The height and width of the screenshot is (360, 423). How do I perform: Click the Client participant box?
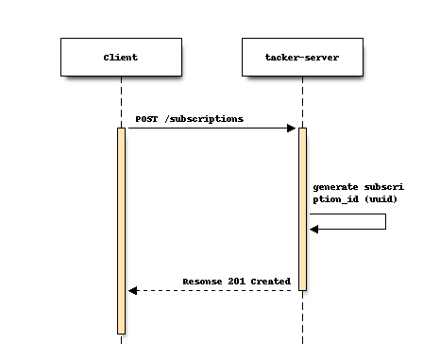(x=121, y=57)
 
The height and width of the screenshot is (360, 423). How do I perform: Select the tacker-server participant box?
(x=302, y=57)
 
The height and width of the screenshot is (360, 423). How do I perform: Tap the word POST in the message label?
(x=146, y=119)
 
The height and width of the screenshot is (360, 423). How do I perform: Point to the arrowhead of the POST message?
(x=292, y=128)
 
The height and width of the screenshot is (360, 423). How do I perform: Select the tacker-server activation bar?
(x=302, y=208)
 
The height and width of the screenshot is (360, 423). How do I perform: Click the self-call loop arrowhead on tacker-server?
(x=314, y=229)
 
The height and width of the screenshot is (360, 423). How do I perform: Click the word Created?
(x=266, y=282)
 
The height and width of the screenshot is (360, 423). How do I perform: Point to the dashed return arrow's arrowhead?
(x=133, y=290)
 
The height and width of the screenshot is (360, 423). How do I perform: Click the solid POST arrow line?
(x=208, y=128)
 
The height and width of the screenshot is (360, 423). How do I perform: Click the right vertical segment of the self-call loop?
(x=385, y=221)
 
